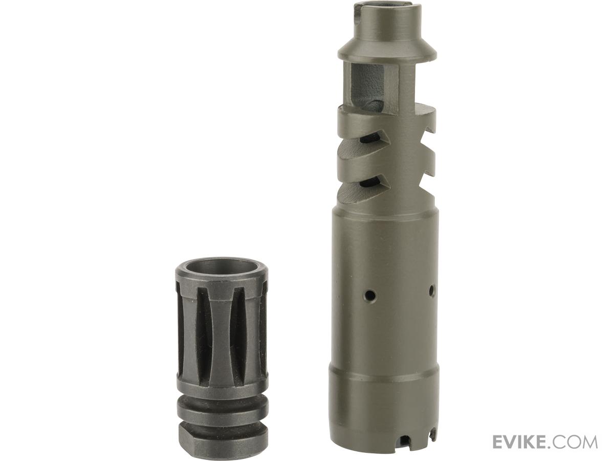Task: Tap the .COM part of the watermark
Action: (575, 442)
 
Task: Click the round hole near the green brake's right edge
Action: (431, 291)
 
